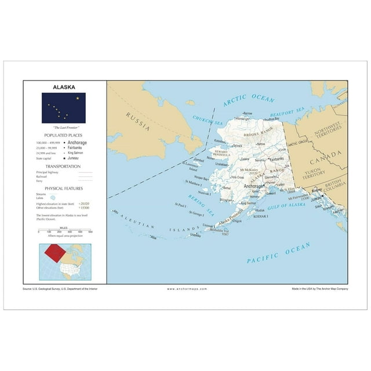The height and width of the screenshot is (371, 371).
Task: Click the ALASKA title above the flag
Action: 64,88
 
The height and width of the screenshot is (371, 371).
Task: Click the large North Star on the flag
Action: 77,98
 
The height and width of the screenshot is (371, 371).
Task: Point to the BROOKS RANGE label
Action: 259,134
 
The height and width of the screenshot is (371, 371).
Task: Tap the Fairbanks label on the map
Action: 277,158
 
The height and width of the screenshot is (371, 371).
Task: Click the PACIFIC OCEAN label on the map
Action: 279,253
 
